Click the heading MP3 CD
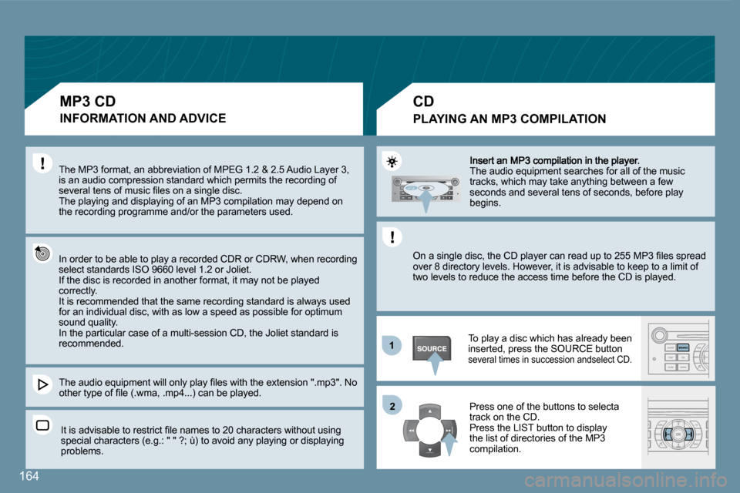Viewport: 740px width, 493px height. point(88,102)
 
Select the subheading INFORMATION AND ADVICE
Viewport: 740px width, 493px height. point(143,118)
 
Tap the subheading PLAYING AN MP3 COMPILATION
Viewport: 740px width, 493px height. point(510,119)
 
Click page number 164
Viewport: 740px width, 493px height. point(29,476)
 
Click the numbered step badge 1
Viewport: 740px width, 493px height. point(392,345)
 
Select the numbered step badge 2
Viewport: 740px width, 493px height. point(392,406)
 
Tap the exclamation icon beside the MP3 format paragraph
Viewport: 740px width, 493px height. point(42,163)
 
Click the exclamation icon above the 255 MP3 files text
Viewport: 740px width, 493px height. point(392,236)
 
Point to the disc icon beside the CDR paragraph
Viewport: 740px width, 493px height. point(42,253)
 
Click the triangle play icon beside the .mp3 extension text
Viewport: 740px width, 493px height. point(42,384)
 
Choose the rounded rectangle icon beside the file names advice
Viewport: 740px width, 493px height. point(42,425)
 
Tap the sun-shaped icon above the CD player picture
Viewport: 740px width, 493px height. point(392,162)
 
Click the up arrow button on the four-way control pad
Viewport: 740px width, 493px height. point(430,412)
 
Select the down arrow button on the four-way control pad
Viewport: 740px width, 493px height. point(430,450)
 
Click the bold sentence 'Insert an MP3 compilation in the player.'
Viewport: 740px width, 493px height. point(554,160)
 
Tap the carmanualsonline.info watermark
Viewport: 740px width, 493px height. point(626,481)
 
